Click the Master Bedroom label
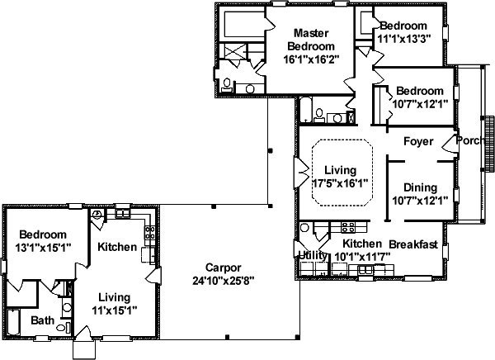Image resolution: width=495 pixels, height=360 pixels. (x=311, y=40)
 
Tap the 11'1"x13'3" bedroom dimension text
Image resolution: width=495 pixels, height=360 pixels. (x=404, y=39)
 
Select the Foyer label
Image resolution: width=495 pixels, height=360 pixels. (x=418, y=141)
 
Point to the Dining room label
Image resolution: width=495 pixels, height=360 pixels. (x=420, y=187)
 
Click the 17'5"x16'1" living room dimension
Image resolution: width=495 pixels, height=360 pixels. (x=340, y=183)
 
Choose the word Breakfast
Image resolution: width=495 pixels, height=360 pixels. (x=413, y=244)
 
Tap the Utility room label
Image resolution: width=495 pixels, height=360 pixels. (x=313, y=255)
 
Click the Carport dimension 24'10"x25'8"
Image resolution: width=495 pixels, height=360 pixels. (x=224, y=281)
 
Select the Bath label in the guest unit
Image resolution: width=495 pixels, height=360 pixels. (x=42, y=320)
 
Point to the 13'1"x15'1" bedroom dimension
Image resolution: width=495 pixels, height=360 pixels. (x=43, y=248)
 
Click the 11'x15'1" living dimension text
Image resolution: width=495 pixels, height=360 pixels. (x=115, y=310)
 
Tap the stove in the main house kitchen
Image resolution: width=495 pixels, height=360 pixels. (x=348, y=227)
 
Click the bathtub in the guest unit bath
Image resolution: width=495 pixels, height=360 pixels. (x=13, y=322)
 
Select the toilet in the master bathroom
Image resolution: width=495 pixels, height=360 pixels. (x=227, y=85)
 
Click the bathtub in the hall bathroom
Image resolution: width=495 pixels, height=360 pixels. (x=305, y=110)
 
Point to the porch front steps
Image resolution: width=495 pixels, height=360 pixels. (x=489, y=144)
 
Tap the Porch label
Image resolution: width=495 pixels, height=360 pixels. (x=470, y=140)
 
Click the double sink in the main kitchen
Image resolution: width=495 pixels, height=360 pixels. (x=366, y=270)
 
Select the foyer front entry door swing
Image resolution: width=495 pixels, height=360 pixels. (x=449, y=144)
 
